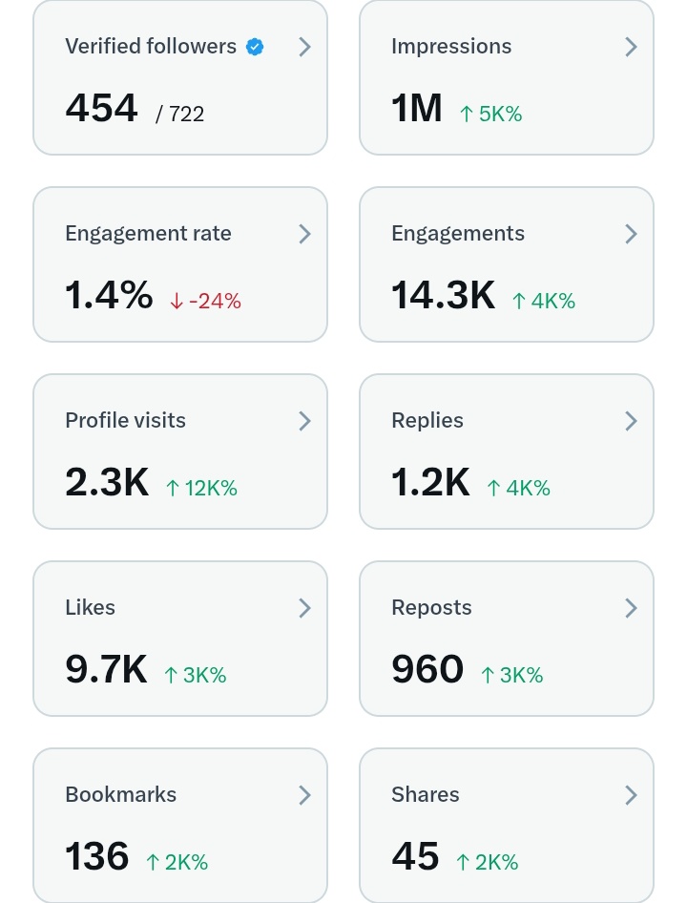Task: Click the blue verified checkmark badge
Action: [x=255, y=47]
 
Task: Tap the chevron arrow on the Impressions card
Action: [x=631, y=47]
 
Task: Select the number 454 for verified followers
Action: [x=101, y=108]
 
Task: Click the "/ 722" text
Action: [x=179, y=114]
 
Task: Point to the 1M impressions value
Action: [x=416, y=108]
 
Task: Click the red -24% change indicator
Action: [x=205, y=301]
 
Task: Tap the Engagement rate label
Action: [x=148, y=234]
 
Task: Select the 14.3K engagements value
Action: [x=443, y=295]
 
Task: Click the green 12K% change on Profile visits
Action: [x=201, y=488]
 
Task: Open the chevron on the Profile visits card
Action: [x=305, y=421]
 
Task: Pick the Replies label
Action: [x=427, y=421]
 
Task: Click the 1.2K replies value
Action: [x=430, y=482]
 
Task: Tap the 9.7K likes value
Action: [x=106, y=669]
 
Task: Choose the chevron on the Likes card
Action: [x=305, y=608]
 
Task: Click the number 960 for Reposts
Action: [x=427, y=669]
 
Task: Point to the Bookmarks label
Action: [x=121, y=795]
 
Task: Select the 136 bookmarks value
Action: [x=96, y=856]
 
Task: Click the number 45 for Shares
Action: [x=415, y=856]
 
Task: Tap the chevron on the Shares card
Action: [x=631, y=795]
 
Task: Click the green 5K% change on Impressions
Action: [x=491, y=114]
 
